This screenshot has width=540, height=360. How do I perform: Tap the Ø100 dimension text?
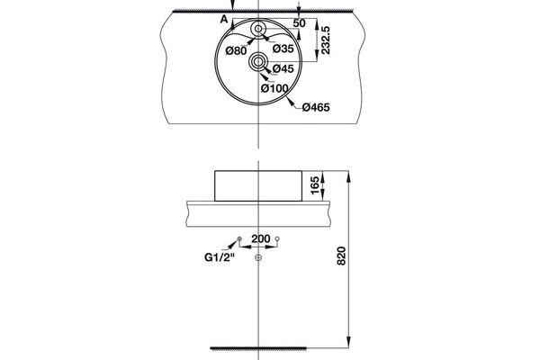[274, 87]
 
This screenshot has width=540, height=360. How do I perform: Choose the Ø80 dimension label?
[235, 50]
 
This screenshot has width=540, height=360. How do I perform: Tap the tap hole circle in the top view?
[258, 30]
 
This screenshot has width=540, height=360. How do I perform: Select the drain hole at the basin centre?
[258, 62]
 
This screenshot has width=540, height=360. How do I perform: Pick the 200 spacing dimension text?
[260, 239]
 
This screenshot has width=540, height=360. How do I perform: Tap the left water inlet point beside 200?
[238, 239]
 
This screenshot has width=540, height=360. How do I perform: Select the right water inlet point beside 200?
[279, 239]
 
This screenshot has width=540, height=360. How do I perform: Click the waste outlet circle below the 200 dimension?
[258, 259]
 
